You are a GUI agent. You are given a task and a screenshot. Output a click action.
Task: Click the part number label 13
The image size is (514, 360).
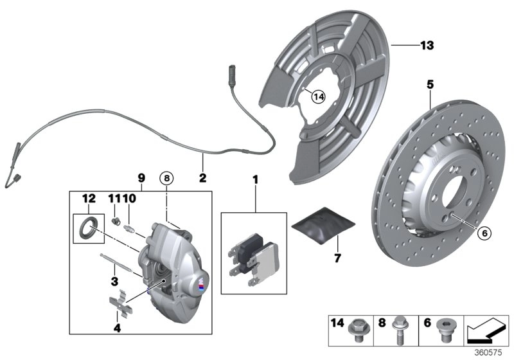[427, 46]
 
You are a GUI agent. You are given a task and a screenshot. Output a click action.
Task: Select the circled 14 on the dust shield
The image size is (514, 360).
[317, 97]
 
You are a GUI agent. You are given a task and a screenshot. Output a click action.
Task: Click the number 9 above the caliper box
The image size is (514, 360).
[141, 176]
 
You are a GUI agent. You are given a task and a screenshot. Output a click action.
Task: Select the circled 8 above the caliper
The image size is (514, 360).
[168, 177]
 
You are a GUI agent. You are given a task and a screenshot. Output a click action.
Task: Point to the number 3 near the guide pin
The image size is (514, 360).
[114, 281]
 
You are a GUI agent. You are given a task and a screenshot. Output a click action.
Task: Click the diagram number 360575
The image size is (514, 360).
[492, 353]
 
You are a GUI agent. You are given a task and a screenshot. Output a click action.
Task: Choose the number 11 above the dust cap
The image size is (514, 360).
[114, 199]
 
